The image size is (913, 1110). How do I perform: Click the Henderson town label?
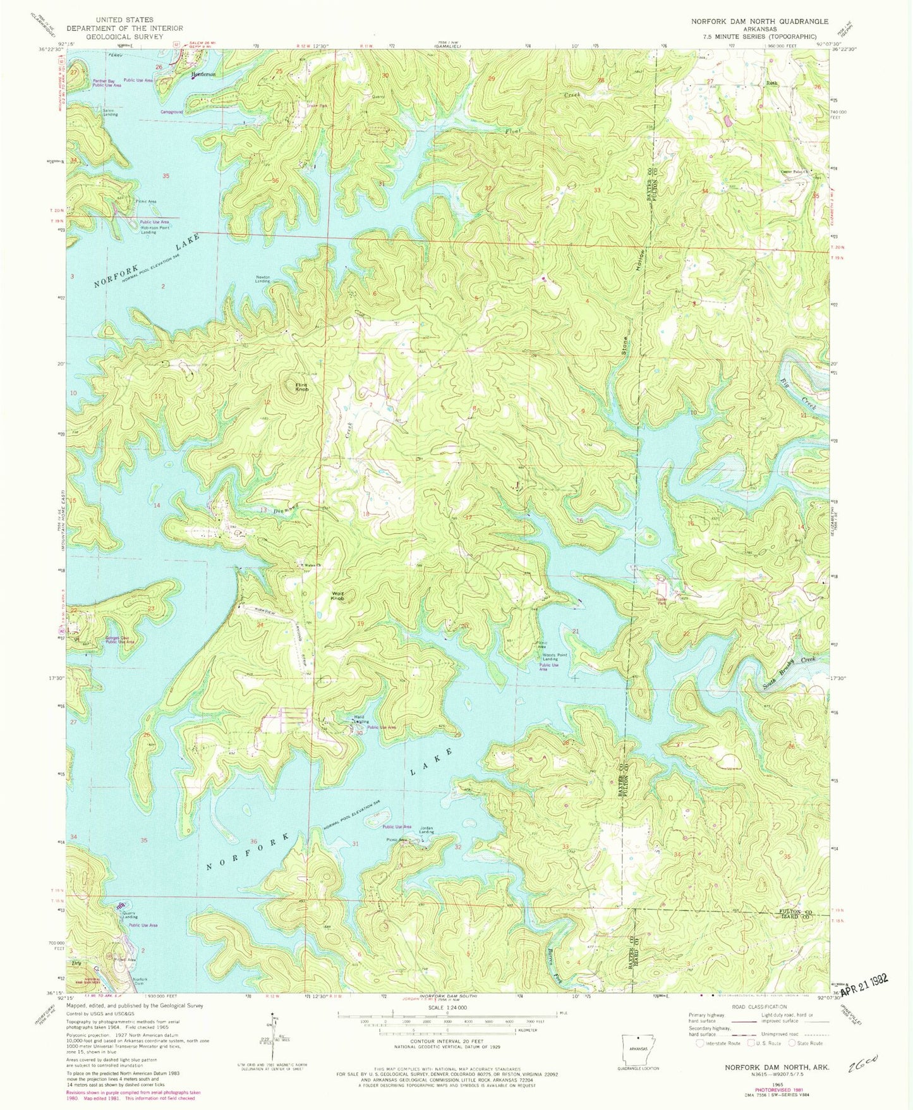pyautogui.click(x=203, y=74)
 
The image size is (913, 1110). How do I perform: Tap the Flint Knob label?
pyautogui.click(x=301, y=387)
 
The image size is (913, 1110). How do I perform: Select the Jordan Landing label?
pyautogui.click(x=426, y=831)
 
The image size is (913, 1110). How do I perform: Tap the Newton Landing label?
pyautogui.click(x=263, y=279)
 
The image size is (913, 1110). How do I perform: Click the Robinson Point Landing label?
pyautogui.click(x=154, y=229)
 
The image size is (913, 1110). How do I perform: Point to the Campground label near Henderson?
pyautogui.click(x=172, y=112)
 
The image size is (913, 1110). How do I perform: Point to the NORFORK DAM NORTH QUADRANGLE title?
pyautogui.click(x=759, y=21)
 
